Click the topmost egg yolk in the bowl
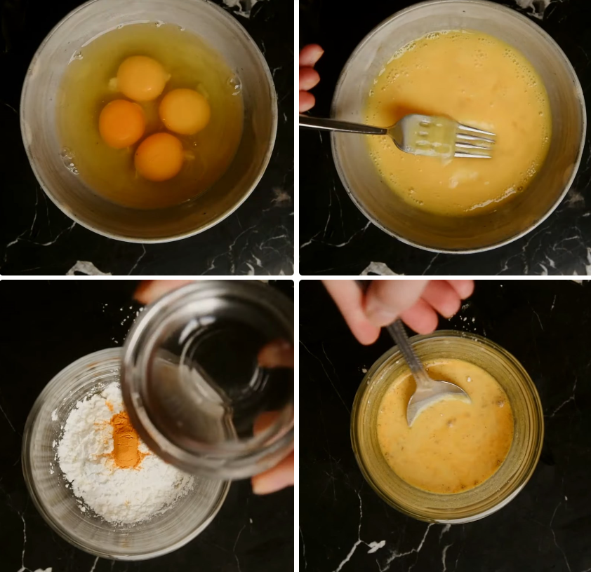click(142, 77)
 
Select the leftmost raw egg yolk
click(121, 123)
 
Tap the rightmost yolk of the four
click(185, 111)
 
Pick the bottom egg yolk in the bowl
click(159, 156)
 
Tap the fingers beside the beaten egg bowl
click(308, 77)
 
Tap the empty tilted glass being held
click(211, 379)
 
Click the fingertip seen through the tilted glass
click(276, 354)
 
